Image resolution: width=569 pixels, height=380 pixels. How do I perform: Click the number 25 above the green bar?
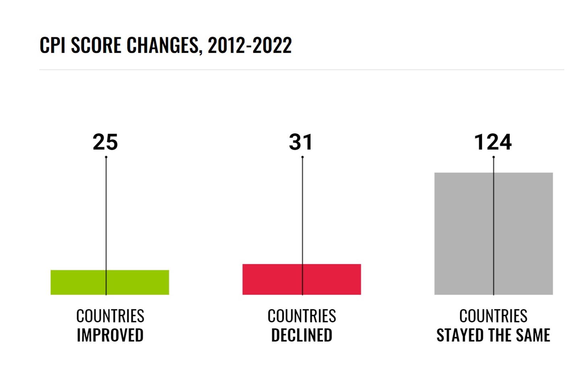pyautogui.click(x=105, y=142)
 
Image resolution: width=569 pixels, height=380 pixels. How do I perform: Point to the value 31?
pyautogui.click(x=301, y=142)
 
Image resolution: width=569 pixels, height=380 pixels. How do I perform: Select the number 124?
pyautogui.click(x=493, y=142)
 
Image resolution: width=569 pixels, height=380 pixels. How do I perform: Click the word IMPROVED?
pyautogui.click(x=110, y=335)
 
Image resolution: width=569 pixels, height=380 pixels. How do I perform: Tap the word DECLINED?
pyautogui.click(x=302, y=335)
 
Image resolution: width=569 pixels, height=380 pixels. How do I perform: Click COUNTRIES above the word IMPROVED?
pyautogui.click(x=110, y=316)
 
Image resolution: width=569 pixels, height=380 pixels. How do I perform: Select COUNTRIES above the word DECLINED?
pyautogui.click(x=302, y=316)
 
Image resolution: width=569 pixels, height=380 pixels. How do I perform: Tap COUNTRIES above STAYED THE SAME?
pyautogui.click(x=493, y=316)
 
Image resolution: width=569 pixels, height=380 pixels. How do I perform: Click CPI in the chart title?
pyautogui.click(x=52, y=46)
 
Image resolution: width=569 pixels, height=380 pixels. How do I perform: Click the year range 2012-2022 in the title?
pyautogui.click(x=250, y=46)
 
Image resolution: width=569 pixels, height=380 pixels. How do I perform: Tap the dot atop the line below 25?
pyautogui.click(x=106, y=157)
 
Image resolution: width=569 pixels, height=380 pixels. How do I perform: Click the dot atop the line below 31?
pyautogui.click(x=302, y=157)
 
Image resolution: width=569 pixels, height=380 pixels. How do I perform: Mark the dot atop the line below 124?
pyautogui.click(x=494, y=157)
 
